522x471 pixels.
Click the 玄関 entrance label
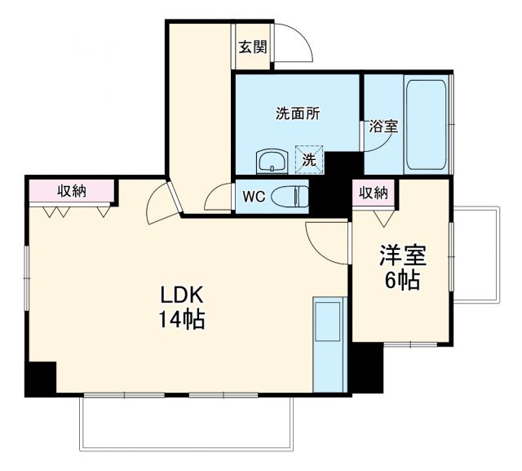(x=253, y=47)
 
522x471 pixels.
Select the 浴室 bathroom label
(x=383, y=127)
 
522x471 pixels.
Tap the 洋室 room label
(x=401, y=256)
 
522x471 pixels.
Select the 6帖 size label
(x=401, y=282)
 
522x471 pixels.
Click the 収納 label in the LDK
(x=72, y=191)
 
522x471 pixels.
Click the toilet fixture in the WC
(x=289, y=197)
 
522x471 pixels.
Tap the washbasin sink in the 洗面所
(x=270, y=161)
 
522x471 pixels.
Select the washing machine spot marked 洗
(x=309, y=161)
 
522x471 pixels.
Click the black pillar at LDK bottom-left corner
(x=41, y=378)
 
